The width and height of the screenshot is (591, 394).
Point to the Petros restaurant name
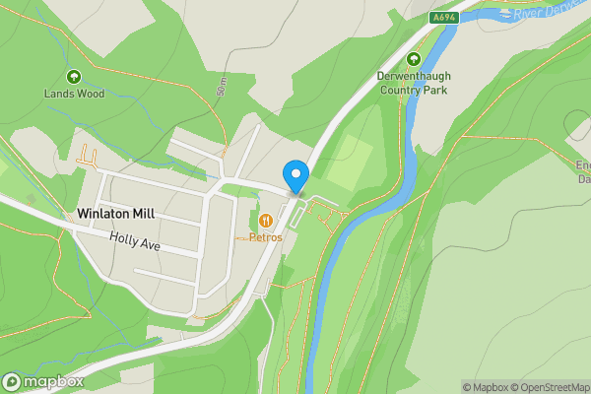point(266,237)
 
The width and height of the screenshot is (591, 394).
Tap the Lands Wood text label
point(73,95)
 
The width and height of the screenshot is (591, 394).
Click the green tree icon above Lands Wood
point(73,77)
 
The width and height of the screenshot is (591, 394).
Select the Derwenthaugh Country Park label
point(413,83)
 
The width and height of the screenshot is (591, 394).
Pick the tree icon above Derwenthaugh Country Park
point(413,59)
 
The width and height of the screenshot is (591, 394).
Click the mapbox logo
point(44,381)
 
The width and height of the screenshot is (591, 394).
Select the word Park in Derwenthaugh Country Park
point(434,90)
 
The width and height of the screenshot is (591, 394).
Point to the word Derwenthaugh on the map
point(413,76)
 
